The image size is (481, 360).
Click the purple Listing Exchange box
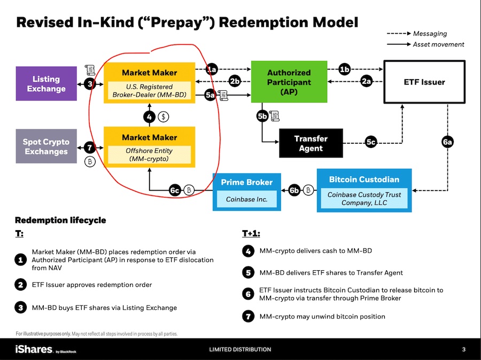tap(46, 83)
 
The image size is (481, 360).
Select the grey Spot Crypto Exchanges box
tap(46, 146)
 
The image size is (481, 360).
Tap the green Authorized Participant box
tap(289, 82)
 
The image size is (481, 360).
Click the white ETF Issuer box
tap(424, 82)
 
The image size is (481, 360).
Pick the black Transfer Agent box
tap(311, 143)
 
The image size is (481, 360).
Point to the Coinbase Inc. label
tap(246, 199)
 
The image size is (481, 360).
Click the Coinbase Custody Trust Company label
tap(364, 199)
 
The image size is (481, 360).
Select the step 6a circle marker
tap(447, 142)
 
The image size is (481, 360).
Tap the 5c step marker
tap(371, 142)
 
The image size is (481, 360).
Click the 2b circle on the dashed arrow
tap(235, 81)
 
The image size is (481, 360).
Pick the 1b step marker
tap(345, 69)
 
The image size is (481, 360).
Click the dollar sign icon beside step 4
tap(164, 117)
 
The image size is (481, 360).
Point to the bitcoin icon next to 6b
tap(308, 190)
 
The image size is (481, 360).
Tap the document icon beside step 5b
tap(274, 115)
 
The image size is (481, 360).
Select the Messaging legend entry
tap(417, 34)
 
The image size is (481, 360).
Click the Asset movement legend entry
tap(425, 44)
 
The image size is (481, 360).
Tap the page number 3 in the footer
tap(464, 349)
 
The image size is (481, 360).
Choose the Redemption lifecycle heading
tap(60, 220)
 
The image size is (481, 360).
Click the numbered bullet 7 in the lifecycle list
tap(248, 316)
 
